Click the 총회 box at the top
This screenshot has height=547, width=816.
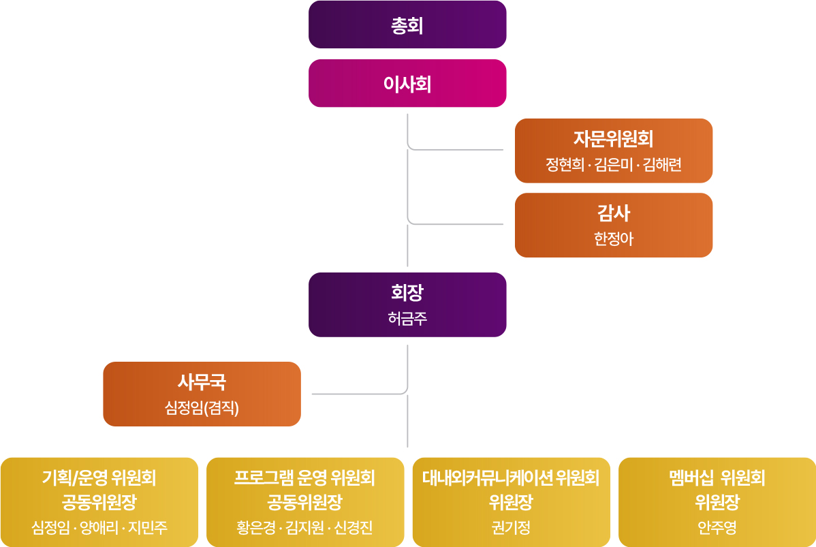(x=407, y=25)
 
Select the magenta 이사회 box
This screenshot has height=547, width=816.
(x=407, y=84)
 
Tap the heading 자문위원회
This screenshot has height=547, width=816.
(x=613, y=140)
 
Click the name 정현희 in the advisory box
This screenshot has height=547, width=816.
(x=565, y=166)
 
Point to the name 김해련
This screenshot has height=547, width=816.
(x=661, y=166)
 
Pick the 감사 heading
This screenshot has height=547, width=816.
(x=613, y=214)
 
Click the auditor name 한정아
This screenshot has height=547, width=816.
(x=613, y=240)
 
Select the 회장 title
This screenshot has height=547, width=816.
(x=407, y=294)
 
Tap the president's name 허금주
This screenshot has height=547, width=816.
(x=407, y=319)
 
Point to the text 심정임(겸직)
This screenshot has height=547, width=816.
(x=202, y=408)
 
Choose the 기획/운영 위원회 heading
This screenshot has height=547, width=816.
(x=99, y=478)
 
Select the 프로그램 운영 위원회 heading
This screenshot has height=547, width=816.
(x=304, y=478)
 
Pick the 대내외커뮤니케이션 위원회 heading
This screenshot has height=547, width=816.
(x=510, y=478)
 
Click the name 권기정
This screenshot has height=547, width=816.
(x=510, y=528)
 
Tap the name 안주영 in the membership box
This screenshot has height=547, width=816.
(x=717, y=528)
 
